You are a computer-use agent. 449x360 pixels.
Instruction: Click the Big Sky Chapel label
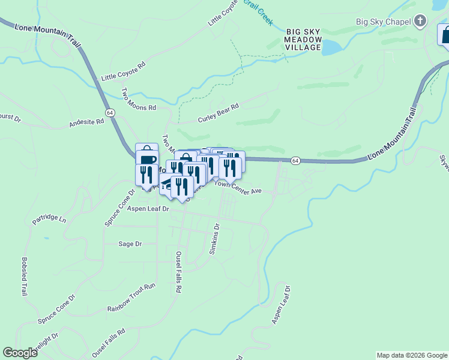click(x=382, y=22)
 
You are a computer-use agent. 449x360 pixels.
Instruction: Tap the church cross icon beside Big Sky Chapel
click(x=421, y=22)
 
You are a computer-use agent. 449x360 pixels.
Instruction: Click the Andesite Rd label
click(x=86, y=122)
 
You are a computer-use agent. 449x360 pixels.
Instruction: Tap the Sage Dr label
click(x=130, y=244)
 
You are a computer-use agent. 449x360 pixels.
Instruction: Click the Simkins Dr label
click(x=215, y=239)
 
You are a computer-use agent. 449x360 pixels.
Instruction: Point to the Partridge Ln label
click(x=49, y=219)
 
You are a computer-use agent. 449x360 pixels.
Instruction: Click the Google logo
click(x=20, y=353)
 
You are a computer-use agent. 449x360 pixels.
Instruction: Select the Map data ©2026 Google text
click(x=412, y=355)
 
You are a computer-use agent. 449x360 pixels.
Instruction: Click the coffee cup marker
click(x=146, y=160)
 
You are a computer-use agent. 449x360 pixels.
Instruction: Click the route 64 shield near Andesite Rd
click(x=109, y=112)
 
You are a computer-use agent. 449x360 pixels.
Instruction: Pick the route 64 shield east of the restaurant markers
click(x=295, y=160)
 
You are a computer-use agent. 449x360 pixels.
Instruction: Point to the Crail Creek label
click(x=262, y=12)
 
